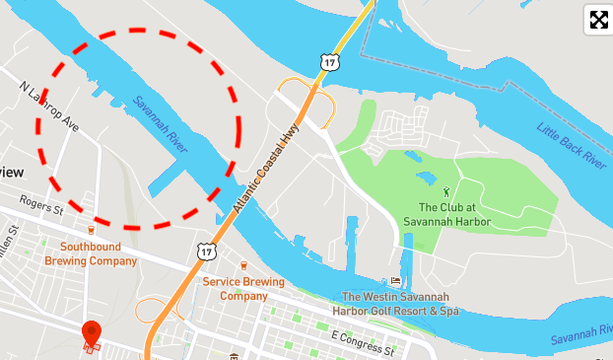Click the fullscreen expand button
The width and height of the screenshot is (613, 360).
(x=597, y=20)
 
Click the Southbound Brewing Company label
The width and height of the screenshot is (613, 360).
(x=98, y=253)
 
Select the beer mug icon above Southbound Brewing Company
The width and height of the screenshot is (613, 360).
(x=91, y=230)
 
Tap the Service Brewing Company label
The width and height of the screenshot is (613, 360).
(x=243, y=288)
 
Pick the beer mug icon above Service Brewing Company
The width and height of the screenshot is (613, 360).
(x=243, y=265)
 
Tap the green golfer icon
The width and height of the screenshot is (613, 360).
(x=445, y=191)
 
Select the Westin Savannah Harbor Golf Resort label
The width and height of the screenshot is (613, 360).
(x=401, y=303)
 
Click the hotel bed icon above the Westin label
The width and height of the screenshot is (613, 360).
(x=396, y=281)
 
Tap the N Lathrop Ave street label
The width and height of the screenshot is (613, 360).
(x=49, y=107)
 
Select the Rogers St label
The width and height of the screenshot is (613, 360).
(x=43, y=209)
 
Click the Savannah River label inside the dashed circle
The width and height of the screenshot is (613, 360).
(x=160, y=123)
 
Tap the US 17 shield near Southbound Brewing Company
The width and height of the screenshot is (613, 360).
(x=206, y=252)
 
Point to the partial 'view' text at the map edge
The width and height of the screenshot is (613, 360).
(x=12, y=172)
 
